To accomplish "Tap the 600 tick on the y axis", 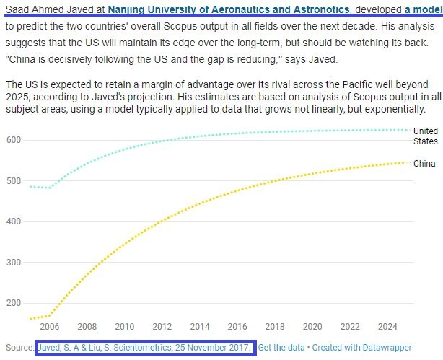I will pyautogui.click(x=14, y=140).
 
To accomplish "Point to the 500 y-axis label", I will pyautogui.click(x=14, y=181).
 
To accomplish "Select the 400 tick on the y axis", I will pyautogui.click(x=14, y=221).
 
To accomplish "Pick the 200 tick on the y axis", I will pyautogui.click(x=14, y=303).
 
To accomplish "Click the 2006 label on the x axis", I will pyautogui.click(x=49, y=326).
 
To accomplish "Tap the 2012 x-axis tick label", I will pyautogui.click(x=162, y=326).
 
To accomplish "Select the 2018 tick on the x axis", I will pyautogui.click(x=275, y=326).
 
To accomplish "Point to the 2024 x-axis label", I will pyautogui.click(x=387, y=326).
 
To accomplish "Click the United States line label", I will pyautogui.click(x=426, y=136).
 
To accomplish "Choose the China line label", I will pyautogui.click(x=424, y=164).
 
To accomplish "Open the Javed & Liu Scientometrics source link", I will pyautogui.click(x=145, y=348).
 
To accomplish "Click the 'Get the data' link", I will pyautogui.click(x=281, y=348).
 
